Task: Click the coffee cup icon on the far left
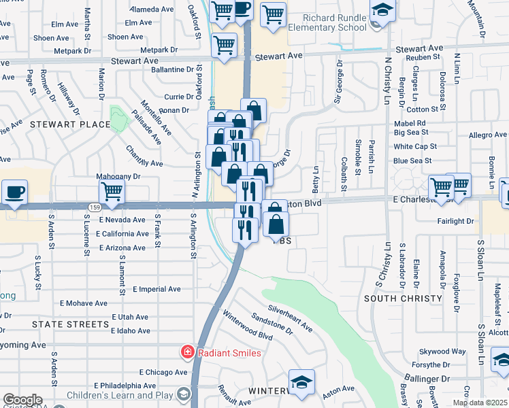14,192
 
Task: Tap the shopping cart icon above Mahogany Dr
111,192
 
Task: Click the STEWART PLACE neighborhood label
69,124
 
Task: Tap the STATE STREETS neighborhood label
70,324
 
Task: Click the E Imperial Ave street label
157,289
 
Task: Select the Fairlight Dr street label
456,221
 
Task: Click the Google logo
22,400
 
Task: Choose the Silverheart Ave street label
290,318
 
